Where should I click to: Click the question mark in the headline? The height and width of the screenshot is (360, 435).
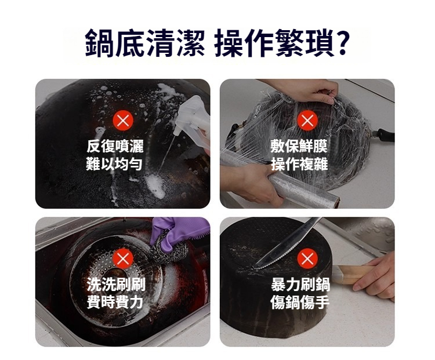click(342, 42)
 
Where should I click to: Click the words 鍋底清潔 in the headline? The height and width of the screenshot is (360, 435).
click(145, 42)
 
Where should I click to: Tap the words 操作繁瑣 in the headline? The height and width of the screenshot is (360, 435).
click(274, 42)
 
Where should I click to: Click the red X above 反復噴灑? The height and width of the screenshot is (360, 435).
click(123, 121)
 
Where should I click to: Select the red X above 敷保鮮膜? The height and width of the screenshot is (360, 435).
click(307, 121)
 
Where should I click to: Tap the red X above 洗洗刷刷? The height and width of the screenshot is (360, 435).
click(123, 259)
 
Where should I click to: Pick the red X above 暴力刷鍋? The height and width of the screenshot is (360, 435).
click(307, 259)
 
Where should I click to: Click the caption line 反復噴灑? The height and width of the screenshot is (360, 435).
click(115, 146)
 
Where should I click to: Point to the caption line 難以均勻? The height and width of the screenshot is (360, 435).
click(114, 163)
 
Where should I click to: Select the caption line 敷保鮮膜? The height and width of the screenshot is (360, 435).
click(299, 146)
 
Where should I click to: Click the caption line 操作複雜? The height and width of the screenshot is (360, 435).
click(299, 163)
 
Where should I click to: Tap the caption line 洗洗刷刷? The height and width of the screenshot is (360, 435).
click(116, 284)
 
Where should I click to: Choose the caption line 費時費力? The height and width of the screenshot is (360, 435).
click(115, 302)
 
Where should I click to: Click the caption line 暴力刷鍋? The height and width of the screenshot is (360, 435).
click(300, 284)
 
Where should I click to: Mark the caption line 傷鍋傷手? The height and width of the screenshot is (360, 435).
click(300, 302)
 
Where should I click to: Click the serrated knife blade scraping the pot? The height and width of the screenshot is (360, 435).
click(286, 244)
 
